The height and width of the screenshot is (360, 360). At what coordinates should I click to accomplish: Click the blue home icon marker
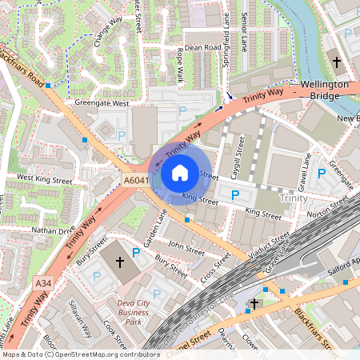[180, 172]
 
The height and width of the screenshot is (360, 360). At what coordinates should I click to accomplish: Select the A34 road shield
[43, 283]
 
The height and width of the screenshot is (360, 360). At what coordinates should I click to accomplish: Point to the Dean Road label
[202, 48]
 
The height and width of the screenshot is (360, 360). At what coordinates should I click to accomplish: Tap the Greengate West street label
[102, 103]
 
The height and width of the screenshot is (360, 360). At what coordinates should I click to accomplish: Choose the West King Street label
[44, 178]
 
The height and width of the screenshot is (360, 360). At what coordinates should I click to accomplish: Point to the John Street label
[186, 249]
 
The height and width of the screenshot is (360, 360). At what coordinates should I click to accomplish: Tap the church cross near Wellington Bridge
[337, 62]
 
